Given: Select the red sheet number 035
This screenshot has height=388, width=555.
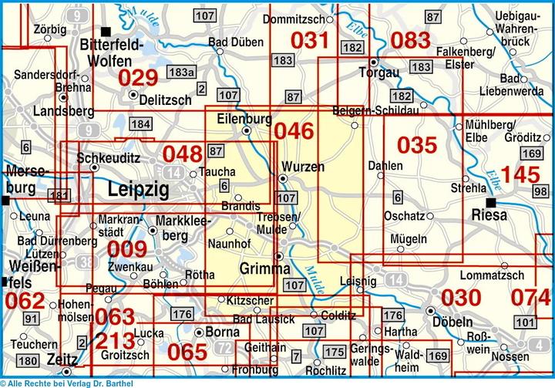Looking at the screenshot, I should pos(417,144).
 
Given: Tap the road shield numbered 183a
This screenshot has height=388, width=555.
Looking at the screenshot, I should pos(180,72).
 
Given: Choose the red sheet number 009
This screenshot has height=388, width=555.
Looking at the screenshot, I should pos(126,248).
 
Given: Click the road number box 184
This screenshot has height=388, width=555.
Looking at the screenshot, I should pos(140,124).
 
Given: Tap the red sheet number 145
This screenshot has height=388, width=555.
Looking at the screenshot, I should pos(520,174).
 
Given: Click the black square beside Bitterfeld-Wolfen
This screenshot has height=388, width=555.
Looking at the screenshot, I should pos(108,31).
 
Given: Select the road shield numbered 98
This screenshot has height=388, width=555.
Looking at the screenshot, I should pos(540,191).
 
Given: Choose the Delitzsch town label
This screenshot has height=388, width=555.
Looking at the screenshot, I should pos(166,100).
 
